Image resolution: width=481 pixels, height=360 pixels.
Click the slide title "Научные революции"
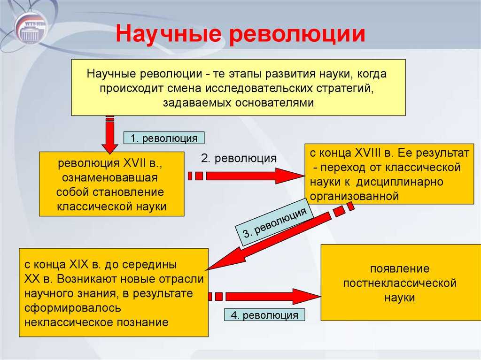coord(240,34)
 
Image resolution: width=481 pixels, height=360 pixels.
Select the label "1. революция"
coord(164,138)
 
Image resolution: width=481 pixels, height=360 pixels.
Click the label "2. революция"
coord(239,158)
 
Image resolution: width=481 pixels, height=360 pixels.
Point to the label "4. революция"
coord(264,315)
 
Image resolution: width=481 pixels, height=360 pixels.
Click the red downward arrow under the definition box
coord(109,134)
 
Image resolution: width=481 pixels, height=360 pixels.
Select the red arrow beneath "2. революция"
coord(246,176)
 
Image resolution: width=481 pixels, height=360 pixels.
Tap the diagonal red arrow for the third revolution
coord(280,236)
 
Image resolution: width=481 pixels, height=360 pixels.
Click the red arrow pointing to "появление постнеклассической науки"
coord(264,297)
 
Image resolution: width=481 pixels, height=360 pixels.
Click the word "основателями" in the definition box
coord(274,103)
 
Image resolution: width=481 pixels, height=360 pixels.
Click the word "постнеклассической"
coord(400,283)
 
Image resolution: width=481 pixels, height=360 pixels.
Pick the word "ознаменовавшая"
coord(110,178)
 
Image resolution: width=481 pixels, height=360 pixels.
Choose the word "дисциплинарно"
coord(400,182)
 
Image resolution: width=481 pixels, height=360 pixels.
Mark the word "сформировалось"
coord(73,308)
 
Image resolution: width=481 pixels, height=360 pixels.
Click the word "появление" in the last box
coord(400,269)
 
